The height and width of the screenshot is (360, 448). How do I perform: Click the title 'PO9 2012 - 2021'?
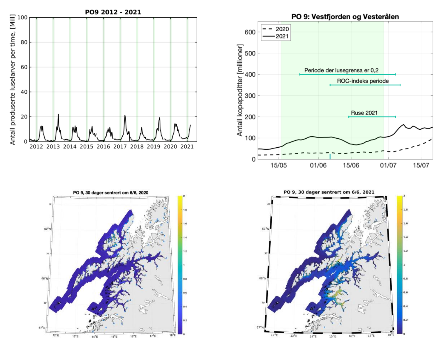click(113, 12)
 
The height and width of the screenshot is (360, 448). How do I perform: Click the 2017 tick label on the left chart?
click(120, 146)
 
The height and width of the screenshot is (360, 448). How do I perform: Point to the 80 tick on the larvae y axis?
click(24, 42)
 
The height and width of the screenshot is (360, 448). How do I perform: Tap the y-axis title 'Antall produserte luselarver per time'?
click(13, 79)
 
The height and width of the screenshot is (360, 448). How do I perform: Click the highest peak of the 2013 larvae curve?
click(58, 114)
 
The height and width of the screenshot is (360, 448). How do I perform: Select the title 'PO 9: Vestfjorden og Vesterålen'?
click(345, 17)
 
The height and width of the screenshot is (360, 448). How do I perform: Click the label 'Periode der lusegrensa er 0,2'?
click(341, 70)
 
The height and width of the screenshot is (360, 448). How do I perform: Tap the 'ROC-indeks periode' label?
click(363, 81)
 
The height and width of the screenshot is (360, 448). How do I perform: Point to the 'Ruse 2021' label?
click(364, 113)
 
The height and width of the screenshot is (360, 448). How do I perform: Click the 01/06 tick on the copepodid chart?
click(318, 165)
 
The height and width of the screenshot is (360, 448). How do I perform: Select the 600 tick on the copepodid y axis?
click(250, 32)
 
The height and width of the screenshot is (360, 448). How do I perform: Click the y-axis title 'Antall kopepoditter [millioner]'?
click(240, 90)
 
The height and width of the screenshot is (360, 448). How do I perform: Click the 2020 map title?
click(111, 193)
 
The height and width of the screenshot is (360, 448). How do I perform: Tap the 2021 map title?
click(329, 192)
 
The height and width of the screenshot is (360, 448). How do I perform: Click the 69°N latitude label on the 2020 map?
click(47, 229)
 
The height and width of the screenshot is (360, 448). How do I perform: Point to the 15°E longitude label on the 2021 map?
click(332, 336)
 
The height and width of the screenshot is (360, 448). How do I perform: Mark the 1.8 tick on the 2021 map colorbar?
click(405, 210)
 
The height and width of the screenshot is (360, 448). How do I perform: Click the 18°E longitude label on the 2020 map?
click(173, 335)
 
